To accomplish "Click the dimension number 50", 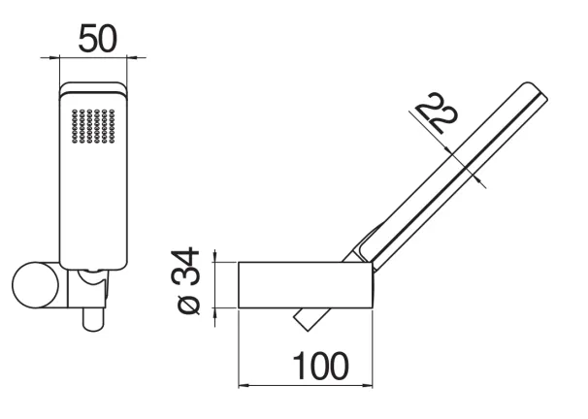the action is pyautogui.click(x=97, y=38).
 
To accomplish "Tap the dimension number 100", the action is pyautogui.click(x=320, y=366).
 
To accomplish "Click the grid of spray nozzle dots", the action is pyautogui.click(x=93, y=126).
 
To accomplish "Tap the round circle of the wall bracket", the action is pyautogui.click(x=35, y=285).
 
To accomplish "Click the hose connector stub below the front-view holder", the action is pyautogui.click(x=93, y=320).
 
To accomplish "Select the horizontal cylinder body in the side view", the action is pyautogui.click(x=306, y=285).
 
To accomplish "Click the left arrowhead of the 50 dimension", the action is pyautogui.click(x=55, y=57).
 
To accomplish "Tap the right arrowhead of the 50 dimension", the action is pyautogui.click(x=132, y=57).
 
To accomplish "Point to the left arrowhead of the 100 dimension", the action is pyautogui.click(x=244, y=385).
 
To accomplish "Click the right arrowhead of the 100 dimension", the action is pyautogui.click(x=368, y=385).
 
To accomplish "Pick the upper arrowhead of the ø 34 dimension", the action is pyautogui.click(x=214, y=257).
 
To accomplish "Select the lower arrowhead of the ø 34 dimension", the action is pyautogui.click(x=214, y=313).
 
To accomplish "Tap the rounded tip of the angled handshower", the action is pyautogui.click(x=537, y=90).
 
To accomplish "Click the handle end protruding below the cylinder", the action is pyautogui.click(x=311, y=319).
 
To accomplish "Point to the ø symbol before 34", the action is pyautogui.click(x=188, y=306).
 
